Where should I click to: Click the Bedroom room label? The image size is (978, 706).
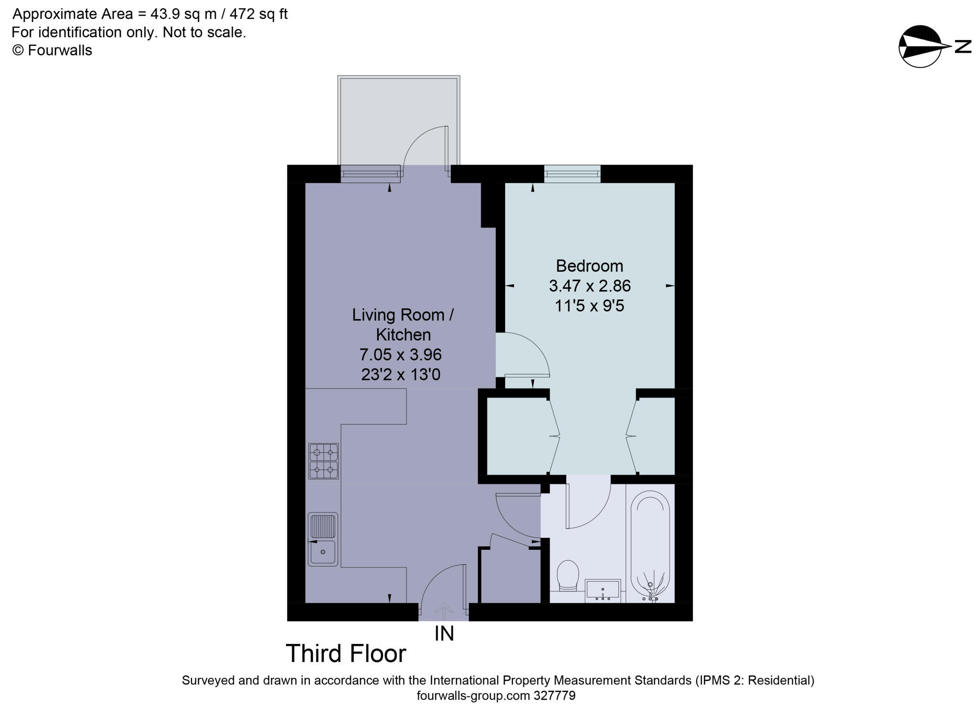589,266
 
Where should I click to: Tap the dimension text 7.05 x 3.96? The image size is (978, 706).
400,354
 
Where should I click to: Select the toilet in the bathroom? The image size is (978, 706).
568,575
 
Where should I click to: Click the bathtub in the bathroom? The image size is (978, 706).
649,547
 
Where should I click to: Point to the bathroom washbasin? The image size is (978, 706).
603,590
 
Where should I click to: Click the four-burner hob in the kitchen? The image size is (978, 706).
323,461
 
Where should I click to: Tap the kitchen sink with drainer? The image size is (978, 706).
323,539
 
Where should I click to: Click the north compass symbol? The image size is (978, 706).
919,46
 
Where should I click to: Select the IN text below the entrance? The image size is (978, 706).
444,634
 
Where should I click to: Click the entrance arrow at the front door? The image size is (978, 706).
444,611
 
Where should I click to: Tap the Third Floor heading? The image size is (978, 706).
346,653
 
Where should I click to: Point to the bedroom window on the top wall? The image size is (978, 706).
572,174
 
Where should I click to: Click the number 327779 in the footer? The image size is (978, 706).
554,695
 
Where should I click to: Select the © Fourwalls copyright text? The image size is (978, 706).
52,50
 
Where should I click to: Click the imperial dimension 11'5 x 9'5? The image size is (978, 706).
589,306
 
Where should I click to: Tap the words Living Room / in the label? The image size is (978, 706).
403,315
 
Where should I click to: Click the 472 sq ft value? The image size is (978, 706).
258,14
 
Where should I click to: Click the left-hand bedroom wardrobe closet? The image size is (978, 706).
518,436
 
